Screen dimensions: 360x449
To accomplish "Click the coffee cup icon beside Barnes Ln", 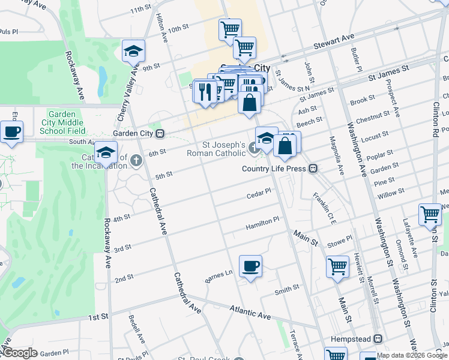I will coord(250,266).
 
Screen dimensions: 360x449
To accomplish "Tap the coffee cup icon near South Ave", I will coord(11,131).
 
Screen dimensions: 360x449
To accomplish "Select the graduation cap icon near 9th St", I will coord(134,52).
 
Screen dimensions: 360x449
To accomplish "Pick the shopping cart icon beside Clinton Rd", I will coord(430,215).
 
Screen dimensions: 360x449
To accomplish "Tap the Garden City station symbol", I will coord(159,133).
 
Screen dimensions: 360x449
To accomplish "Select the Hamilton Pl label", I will coord(263,223).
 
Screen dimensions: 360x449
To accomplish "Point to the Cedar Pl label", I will coord(259,194).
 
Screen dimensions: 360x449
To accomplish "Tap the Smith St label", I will coord(287,290).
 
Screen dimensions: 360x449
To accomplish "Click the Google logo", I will coord(20,352).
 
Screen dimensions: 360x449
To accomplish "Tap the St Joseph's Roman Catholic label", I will coord(223,149).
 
